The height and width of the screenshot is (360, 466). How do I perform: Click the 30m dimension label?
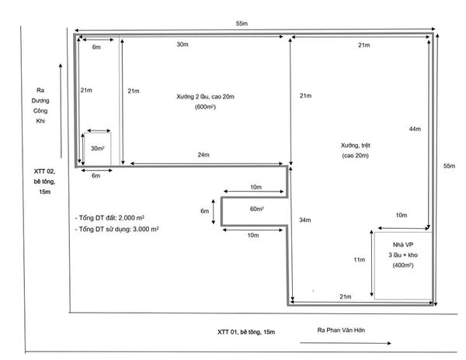(x=183, y=44)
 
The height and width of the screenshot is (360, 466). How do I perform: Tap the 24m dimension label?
(x=203, y=154)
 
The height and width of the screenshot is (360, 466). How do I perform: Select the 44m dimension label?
(x=415, y=129)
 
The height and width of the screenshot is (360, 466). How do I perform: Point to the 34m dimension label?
(x=305, y=220)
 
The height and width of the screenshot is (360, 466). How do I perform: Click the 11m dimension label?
(x=360, y=260)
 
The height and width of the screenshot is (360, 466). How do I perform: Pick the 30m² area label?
(x=98, y=148)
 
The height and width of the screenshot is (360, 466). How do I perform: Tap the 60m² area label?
(x=257, y=209)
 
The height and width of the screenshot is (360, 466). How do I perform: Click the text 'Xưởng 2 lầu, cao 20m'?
(x=205, y=97)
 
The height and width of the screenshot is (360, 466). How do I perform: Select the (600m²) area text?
(x=205, y=107)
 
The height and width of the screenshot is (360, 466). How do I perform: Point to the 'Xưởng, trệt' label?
(x=356, y=145)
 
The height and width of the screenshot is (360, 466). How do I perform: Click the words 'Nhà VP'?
(x=403, y=245)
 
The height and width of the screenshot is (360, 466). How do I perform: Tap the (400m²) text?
(x=403, y=265)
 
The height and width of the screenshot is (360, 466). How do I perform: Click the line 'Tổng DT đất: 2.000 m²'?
(x=110, y=218)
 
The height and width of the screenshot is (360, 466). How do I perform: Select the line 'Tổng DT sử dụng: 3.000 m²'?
(x=116, y=229)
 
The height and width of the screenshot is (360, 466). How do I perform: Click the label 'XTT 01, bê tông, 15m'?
(x=246, y=332)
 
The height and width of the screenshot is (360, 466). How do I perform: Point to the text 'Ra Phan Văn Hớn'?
(x=341, y=330)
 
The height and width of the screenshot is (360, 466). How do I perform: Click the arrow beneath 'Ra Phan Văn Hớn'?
(x=346, y=343)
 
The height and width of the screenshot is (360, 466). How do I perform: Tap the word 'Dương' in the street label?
(x=40, y=101)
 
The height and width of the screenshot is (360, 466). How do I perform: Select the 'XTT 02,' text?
(x=44, y=171)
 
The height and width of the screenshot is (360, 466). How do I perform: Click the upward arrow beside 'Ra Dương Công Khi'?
(x=61, y=111)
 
